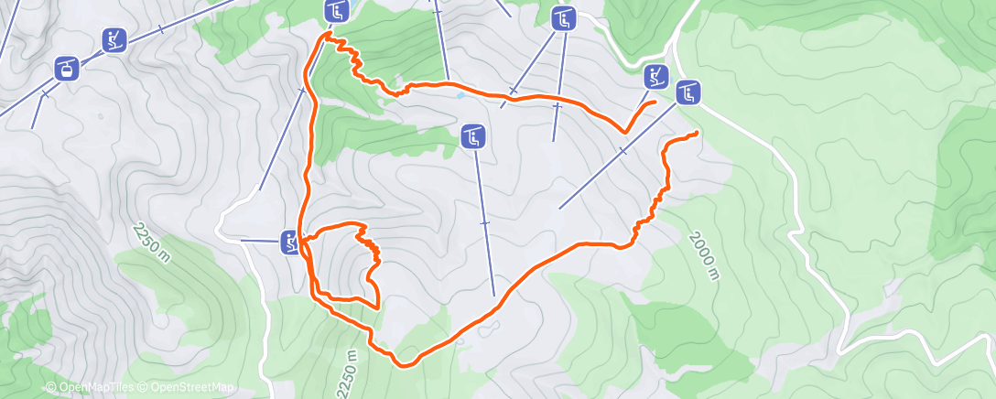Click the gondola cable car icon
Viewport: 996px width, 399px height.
click(x=66, y=67)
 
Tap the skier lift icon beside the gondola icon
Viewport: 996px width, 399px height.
click(x=114, y=40)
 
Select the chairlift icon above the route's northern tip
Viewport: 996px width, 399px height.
click(x=337, y=11)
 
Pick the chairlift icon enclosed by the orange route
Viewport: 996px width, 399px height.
click(x=472, y=137)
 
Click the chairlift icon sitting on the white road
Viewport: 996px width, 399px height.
click(x=688, y=92)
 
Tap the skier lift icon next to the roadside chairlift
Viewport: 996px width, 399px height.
click(x=655, y=77)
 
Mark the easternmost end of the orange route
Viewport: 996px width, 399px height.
click(x=698, y=134)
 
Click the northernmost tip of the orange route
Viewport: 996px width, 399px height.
click(x=326, y=34)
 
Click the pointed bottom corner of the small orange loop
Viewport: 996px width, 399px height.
click(x=377, y=305)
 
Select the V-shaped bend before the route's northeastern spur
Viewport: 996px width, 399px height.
click(x=624, y=132)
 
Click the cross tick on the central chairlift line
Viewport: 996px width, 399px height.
click(x=484, y=222)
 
